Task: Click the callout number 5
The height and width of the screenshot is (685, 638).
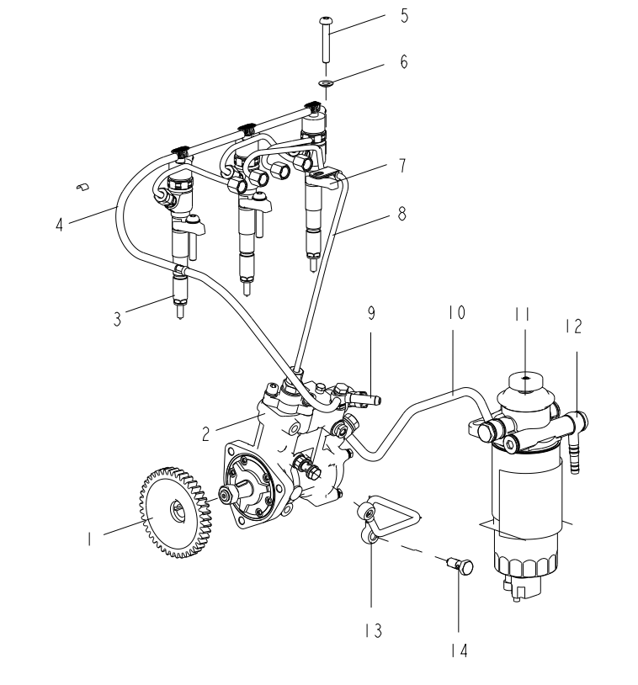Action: (404, 16)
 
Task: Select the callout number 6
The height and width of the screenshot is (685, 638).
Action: (404, 61)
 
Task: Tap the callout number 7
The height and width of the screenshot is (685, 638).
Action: (402, 166)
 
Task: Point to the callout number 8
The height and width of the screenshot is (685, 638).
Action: (401, 214)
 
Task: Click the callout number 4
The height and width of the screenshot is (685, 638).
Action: (60, 225)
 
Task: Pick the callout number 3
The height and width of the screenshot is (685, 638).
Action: (117, 319)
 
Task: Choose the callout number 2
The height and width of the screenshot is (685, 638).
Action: (206, 433)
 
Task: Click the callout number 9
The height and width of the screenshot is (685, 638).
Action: (371, 313)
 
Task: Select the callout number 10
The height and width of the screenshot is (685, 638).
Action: (456, 312)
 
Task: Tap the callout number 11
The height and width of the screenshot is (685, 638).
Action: (522, 314)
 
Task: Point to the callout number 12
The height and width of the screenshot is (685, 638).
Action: (574, 327)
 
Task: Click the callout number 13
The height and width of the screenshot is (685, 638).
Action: (374, 630)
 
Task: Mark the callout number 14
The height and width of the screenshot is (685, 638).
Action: (460, 650)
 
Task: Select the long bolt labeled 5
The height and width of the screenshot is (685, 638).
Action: (325, 40)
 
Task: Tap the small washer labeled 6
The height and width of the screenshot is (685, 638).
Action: (326, 82)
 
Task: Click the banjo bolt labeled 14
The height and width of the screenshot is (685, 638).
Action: (461, 566)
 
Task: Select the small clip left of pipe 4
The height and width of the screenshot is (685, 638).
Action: (82, 187)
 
